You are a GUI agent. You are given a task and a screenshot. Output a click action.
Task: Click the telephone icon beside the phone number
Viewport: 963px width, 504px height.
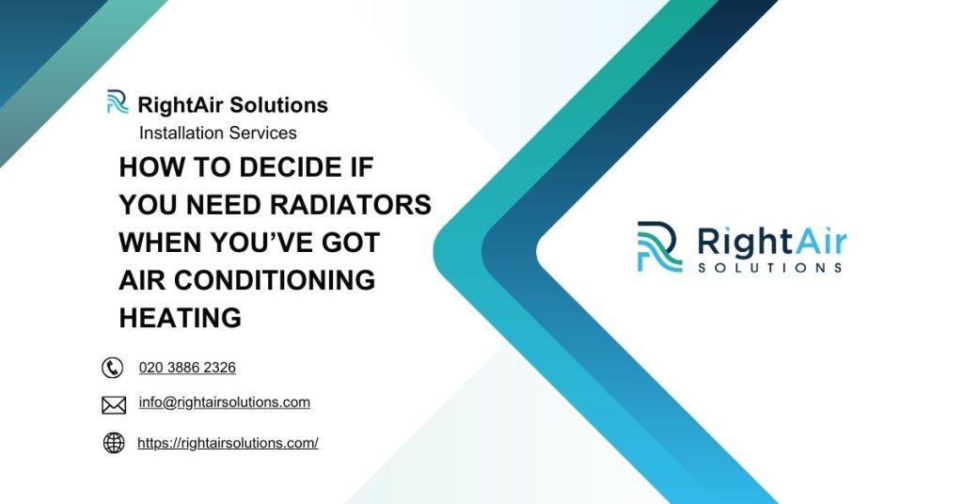113,368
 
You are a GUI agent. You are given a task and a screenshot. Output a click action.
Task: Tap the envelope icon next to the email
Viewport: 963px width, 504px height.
113,405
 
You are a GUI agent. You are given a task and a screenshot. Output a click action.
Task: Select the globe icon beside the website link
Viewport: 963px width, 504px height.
113,443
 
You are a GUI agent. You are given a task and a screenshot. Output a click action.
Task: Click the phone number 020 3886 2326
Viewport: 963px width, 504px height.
187,368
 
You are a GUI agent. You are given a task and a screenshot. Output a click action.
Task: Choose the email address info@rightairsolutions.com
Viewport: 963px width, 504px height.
224,402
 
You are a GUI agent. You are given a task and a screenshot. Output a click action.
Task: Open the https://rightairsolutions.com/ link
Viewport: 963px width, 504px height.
228,443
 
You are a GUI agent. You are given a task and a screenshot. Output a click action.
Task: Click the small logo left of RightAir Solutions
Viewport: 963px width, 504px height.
118,102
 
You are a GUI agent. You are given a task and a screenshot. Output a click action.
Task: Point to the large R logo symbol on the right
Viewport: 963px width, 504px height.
659,247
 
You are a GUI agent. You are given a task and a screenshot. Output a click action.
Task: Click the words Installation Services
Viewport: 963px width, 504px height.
217,133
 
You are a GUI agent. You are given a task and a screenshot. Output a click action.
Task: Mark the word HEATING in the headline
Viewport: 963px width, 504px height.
180,318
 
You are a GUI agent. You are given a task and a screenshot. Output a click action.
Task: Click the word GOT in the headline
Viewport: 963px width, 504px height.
351,243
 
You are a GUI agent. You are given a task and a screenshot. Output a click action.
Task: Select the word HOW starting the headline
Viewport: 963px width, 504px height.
148,167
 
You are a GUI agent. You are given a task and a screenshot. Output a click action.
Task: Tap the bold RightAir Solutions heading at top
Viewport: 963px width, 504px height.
232,104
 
